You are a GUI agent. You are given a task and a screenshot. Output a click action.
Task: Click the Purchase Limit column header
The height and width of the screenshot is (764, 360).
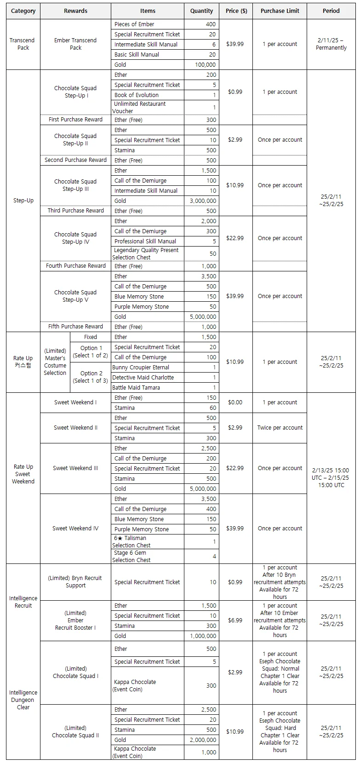pyautogui.click(x=280, y=11)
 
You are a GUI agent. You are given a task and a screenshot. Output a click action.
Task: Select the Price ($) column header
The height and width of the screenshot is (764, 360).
pyautogui.click(x=236, y=11)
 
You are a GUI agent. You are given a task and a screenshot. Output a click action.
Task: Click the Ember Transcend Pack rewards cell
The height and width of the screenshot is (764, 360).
pyautogui.click(x=75, y=44)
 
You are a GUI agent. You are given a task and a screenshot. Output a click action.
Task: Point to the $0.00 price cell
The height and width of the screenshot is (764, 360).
pyautogui.click(x=235, y=402)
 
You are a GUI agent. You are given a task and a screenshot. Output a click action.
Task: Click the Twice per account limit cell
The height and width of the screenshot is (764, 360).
pyautogui.click(x=280, y=428)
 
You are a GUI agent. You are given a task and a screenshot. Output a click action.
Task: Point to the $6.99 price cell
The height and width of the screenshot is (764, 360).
pyautogui.click(x=235, y=621)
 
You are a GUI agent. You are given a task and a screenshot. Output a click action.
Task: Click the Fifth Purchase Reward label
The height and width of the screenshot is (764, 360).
pyautogui.click(x=75, y=327)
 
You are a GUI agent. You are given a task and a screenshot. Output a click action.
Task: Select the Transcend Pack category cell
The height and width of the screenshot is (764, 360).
pyautogui.click(x=23, y=44)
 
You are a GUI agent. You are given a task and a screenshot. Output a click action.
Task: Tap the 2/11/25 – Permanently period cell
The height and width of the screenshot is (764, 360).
pyautogui.click(x=331, y=44)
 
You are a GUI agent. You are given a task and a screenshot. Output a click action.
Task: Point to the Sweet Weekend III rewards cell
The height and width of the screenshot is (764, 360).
pyautogui.click(x=75, y=468)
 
